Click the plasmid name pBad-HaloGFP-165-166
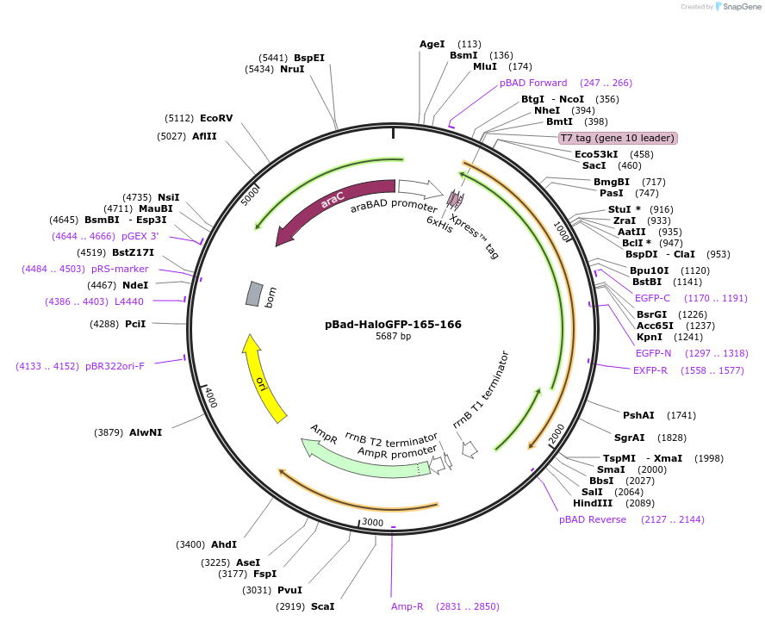(x=393, y=325)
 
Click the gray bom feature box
(x=253, y=293)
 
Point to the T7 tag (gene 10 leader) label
(x=618, y=138)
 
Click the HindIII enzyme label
(x=593, y=503)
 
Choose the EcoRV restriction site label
(x=216, y=118)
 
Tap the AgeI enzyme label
(x=432, y=44)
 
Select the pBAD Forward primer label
(x=533, y=83)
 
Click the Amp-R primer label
(x=407, y=606)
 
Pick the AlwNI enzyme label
(x=146, y=432)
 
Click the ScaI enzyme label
(x=322, y=606)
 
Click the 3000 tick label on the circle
(x=372, y=522)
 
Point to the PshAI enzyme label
(x=638, y=415)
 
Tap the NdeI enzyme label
(x=136, y=285)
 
